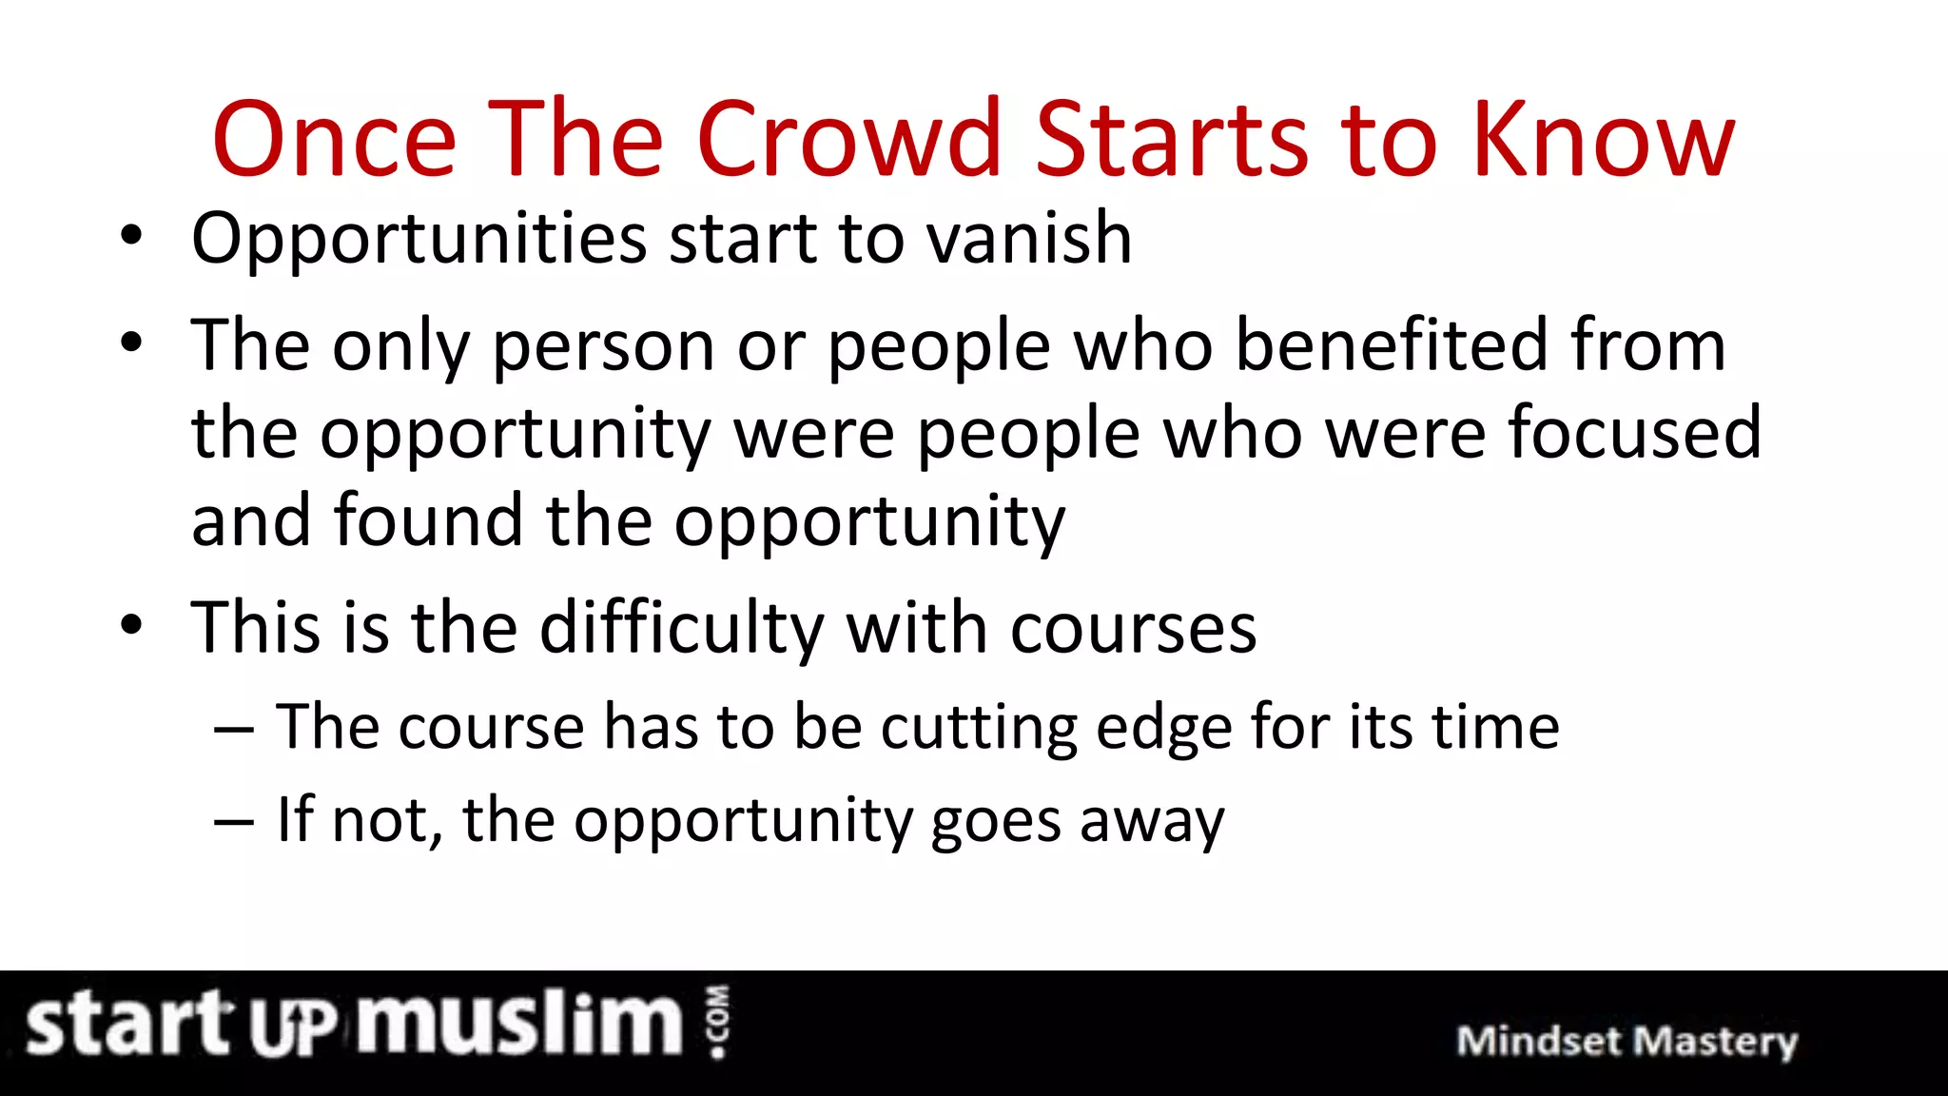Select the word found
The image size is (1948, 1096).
pyautogui.click(x=428, y=520)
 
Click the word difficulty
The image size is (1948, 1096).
pyautogui.click(x=682, y=629)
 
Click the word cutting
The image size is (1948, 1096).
pyautogui.click(x=978, y=729)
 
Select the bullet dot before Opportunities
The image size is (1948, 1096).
pyautogui.click(x=131, y=237)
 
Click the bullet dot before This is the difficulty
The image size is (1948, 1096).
pyautogui.click(x=131, y=627)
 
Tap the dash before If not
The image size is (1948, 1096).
pyautogui.click(x=234, y=820)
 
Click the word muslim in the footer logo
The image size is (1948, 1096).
pyautogui.click(x=520, y=1024)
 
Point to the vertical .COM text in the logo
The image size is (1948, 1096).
pyautogui.click(x=718, y=1021)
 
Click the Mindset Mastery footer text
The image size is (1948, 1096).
pyautogui.click(x=1627, y=1041)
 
